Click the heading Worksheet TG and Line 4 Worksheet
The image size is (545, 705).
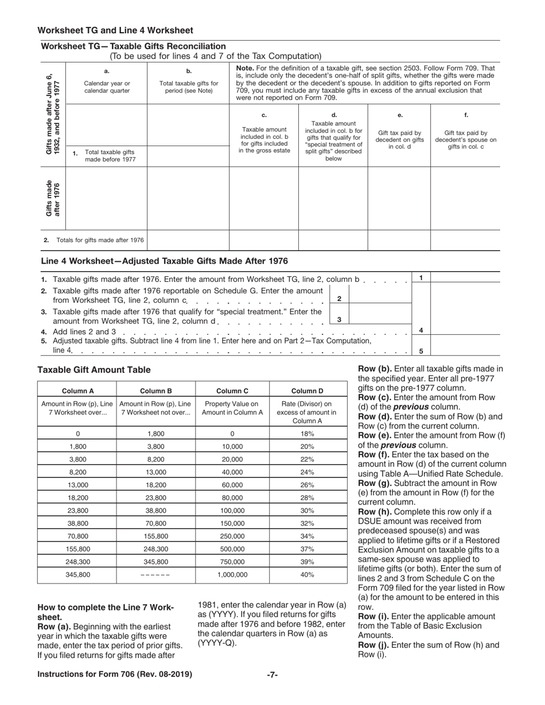point(115,30)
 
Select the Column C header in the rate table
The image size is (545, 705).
point(232,391)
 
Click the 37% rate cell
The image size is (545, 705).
point(307,549)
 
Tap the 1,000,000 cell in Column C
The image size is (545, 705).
point(232,574)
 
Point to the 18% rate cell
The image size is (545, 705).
point(307,434)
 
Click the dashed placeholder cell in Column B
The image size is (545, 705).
point(155,574)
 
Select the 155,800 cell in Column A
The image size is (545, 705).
point(77,549)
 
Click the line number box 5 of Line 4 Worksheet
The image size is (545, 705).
point(421,351)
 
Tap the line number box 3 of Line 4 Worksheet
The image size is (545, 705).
point(340,320)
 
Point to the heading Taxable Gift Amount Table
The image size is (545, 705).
point(94,370)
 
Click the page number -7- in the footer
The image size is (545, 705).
point(272,675)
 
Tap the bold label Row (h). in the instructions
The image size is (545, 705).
point(374,512)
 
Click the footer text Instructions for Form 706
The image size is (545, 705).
point(115,675)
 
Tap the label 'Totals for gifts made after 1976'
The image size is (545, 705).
point(100,240)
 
